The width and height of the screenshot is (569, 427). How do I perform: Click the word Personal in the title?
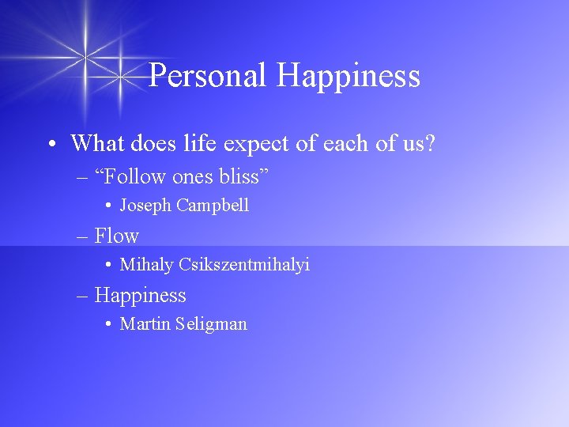[x=209, y=76]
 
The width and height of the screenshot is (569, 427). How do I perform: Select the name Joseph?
[x=145, y=206]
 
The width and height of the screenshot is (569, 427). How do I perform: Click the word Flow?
[x=116, y=236]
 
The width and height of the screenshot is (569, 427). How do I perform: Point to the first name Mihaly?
[x=146, y=265]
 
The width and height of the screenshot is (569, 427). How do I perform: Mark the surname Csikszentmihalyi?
[x=244, y=265]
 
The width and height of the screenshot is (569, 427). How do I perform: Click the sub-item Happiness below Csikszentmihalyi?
[x=140, y=296]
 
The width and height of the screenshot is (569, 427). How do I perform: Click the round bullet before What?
[x=50, y=145]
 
